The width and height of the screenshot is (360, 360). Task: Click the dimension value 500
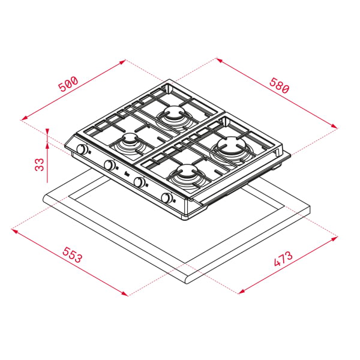(68, 84)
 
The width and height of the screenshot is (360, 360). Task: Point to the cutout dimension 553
(71, 257)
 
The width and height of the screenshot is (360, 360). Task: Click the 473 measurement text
(283, 260)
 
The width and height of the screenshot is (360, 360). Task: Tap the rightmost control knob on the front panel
(166, 198)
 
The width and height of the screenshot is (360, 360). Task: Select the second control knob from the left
(110, 165)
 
